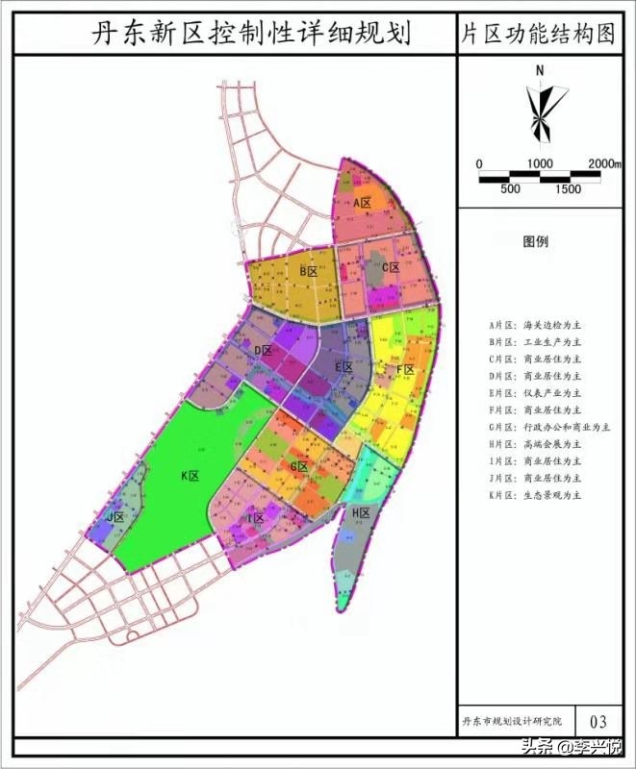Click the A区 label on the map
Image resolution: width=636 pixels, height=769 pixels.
[363, 204]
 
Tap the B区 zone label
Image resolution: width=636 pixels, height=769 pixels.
[308, 272]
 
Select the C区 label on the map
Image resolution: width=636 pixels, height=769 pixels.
[390, 268]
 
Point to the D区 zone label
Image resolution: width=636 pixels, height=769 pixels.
[265, 352]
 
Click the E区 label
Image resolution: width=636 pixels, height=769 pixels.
[343, 367]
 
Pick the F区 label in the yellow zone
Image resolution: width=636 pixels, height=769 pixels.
[405, 370]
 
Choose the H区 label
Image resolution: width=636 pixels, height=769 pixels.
[361, 513]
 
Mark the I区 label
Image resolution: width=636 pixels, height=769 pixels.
[255, 519]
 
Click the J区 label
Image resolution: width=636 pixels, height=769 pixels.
[116, 518]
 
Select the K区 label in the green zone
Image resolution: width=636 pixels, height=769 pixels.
[189, 476]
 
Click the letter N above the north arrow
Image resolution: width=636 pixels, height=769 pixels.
[541, 70]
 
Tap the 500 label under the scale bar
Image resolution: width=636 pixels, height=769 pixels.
[510, 189]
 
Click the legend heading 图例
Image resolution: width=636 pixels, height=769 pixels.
[536, 242]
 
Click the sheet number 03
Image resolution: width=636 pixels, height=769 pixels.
[598, 721]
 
